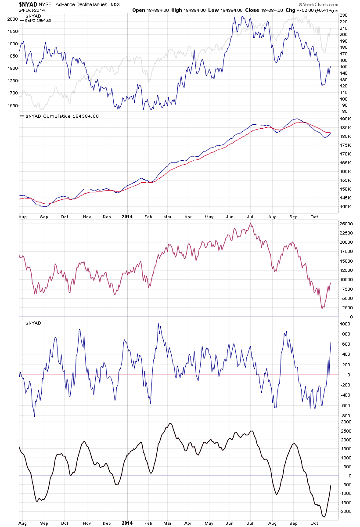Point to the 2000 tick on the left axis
coord(12,19)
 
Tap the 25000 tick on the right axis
coord(346,224)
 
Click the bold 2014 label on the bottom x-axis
coord(126,524)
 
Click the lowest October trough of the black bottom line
coord(323,517)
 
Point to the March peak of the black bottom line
coord(170,423)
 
